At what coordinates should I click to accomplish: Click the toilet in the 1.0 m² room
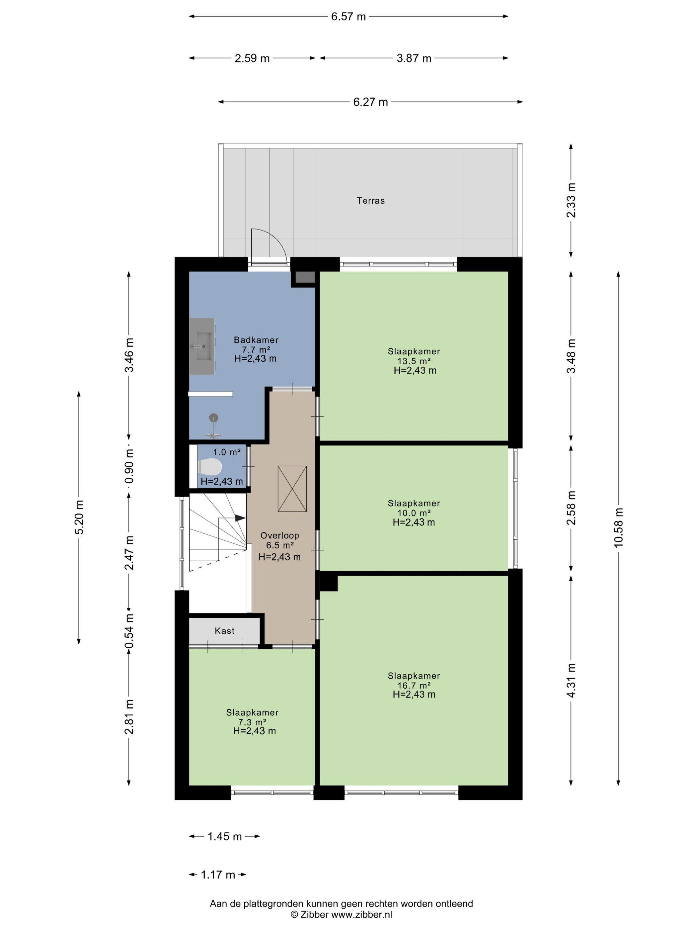[210, 466]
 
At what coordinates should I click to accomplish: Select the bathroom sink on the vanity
[204, 346]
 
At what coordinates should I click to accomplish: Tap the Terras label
[370, 201]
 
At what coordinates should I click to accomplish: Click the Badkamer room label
[256, 340]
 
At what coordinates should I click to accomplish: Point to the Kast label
[224, 631]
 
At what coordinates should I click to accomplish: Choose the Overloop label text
[279, 535]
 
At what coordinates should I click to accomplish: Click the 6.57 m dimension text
[348, 16]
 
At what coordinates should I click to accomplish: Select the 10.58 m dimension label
[618, 527]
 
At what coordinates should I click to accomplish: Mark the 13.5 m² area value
[414, 361]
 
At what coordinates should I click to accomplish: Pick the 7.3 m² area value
[252, 722]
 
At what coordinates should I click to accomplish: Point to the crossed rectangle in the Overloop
[292, 489]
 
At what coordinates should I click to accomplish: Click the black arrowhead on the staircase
[240, 518]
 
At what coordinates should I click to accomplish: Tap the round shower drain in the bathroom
[214, 418]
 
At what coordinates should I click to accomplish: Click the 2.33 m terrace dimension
[571, 201]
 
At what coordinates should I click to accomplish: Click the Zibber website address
[362, 914]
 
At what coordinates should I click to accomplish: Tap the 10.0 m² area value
[414, 513]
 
